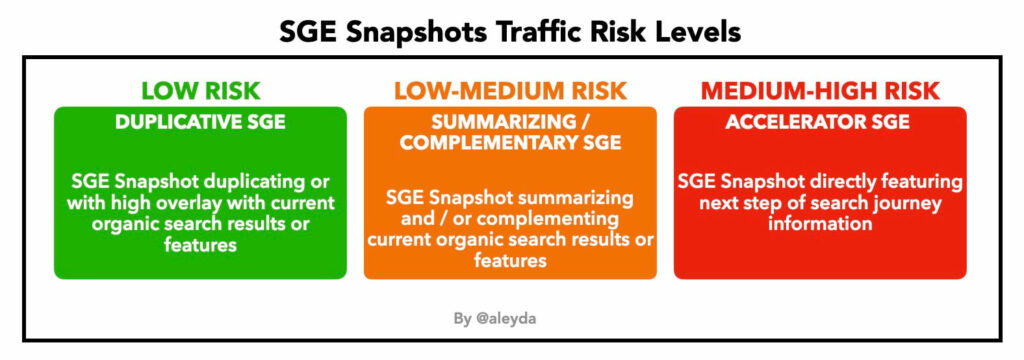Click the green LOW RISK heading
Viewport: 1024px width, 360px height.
pyautogui.click(x=200, y=91)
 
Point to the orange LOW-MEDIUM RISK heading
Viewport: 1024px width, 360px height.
pyautogui.click(x=510, y=91)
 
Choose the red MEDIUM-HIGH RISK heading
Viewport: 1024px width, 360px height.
pyautogui.click(x=820, y=91)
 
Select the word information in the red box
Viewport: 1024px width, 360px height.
pyautogui.click(x=820, y=224)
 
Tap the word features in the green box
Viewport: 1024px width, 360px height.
pyautogui.click(x=200, y=245)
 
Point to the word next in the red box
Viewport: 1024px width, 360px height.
pyautogui.click(x=700, y=204)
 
